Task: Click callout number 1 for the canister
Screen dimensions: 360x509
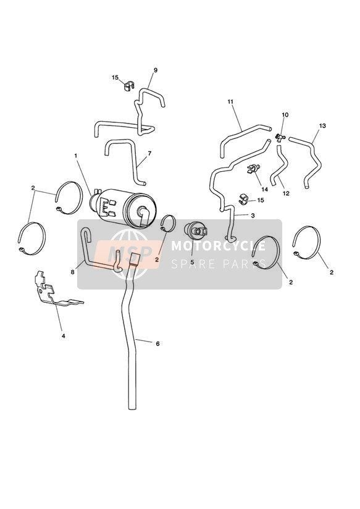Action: [x=75, y=156]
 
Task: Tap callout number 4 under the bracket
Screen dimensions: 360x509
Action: [x=64, y=336]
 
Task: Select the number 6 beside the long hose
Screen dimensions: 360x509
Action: [x=157, y=343]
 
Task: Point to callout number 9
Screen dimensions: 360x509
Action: [x=156, y=70]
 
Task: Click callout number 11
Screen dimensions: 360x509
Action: [x=230, y=101]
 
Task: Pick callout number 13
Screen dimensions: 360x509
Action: [x=322, y=125]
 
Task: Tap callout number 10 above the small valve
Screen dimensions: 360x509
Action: [x=285, y=115]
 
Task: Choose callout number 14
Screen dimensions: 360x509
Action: [x=264, y=189]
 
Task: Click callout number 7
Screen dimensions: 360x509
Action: [x=149, y=153]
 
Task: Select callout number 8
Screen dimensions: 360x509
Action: [x=72, y=272]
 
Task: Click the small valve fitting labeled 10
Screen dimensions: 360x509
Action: [x=280, y=138]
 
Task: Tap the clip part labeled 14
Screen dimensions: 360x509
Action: [x=254, y=169]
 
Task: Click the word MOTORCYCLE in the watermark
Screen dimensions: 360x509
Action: [x=218, y=246]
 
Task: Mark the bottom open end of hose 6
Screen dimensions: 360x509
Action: [x=132, y=407]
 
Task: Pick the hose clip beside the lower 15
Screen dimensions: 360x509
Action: [x=243, y=200]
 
